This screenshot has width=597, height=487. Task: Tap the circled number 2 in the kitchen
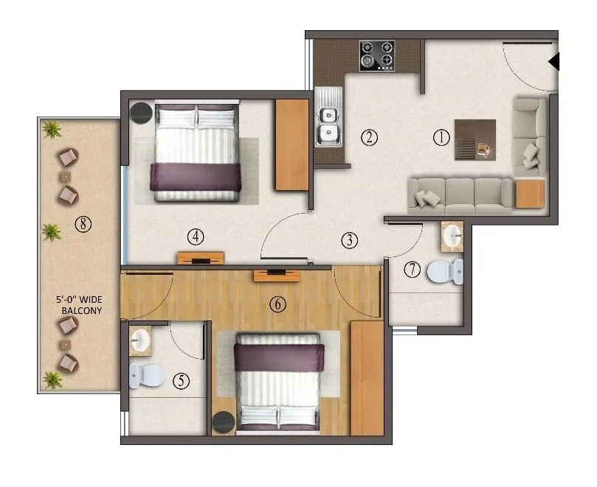click(369, 136)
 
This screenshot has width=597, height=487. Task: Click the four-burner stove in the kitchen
click(376, 55)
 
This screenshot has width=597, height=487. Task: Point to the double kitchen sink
click(328, 125)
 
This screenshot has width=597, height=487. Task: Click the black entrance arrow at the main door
click(555, 62)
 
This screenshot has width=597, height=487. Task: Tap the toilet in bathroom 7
click(446, 271)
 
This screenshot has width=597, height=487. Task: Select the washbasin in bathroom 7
click(452, 236)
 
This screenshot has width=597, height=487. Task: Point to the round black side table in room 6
click(224, 423)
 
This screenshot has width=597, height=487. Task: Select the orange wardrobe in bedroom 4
click(291, 144)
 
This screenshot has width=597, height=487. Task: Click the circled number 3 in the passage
click(349, 239)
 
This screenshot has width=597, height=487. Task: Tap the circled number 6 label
click(277, 304)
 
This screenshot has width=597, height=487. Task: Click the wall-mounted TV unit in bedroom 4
click(201, 258)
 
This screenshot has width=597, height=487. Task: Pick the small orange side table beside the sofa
click(529, 194)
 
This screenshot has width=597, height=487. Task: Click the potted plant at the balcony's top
click(52, 130)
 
